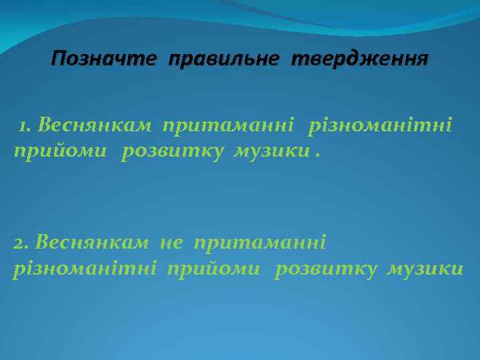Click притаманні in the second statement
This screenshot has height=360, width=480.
(x=259, y=242)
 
